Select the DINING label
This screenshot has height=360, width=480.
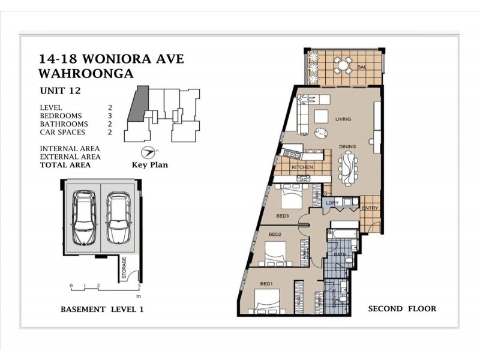[x=347, y=146]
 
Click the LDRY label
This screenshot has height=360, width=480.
[x=333, y=203]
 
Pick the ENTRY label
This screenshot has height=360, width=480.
[x=370, y=208]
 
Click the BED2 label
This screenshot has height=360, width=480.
[x=275, y=234]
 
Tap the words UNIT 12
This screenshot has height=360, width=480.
[x=60, y=91]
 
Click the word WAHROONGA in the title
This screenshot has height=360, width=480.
[x=86, y=73]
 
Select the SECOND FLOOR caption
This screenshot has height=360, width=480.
[x=402, y=309]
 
